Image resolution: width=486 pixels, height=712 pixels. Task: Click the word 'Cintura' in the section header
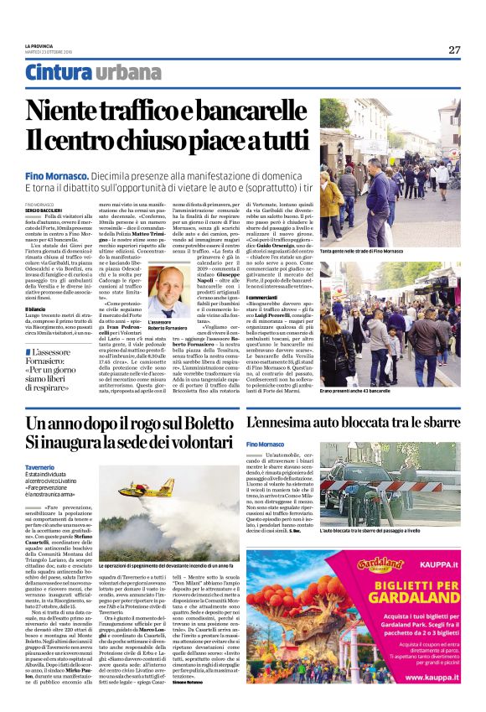56,73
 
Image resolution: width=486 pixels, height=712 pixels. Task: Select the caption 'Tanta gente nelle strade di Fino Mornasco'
362,251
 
